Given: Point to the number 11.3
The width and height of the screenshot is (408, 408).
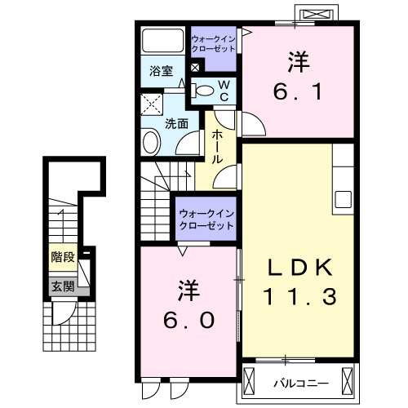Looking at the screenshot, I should (300, 298).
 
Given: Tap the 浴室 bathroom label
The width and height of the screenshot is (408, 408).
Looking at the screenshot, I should (160, 71).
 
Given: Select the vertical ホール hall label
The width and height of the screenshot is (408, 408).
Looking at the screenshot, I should (218, 146).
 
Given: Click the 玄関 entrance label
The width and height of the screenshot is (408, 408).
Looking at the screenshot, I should (62, 286).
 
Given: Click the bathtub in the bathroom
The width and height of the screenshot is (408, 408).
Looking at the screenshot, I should (162, 41).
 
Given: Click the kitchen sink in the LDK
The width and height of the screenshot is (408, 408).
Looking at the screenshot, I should (342, 199).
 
